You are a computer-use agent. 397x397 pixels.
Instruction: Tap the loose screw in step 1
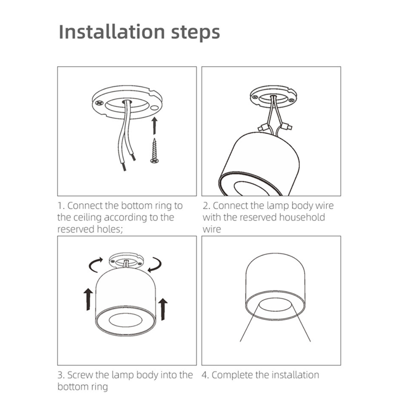coord(154,151)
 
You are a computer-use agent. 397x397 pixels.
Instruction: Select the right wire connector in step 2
coord(289,128)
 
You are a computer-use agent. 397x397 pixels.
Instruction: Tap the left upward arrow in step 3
coord(88,299)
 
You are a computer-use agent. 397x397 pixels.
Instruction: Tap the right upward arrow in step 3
coord(162,308)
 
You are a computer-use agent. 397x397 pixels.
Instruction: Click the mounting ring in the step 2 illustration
coord(273,96)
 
